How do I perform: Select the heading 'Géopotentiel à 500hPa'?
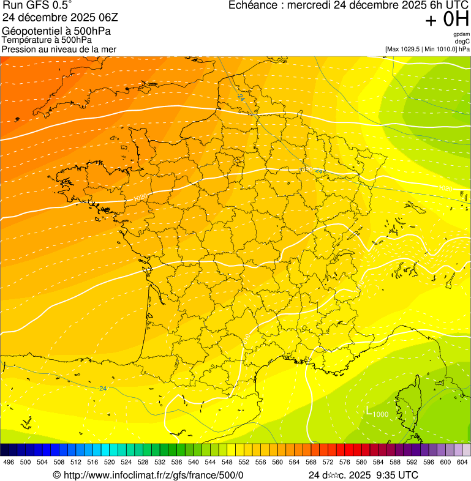56,31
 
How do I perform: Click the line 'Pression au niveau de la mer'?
59,49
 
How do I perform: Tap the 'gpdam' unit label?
462,34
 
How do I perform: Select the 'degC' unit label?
463,41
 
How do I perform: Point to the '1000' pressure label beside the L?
380,414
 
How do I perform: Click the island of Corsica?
414,401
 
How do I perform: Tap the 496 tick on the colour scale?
9,463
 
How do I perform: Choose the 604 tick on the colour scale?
462,463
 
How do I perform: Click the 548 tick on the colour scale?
227,463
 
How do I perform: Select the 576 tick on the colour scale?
345,463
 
